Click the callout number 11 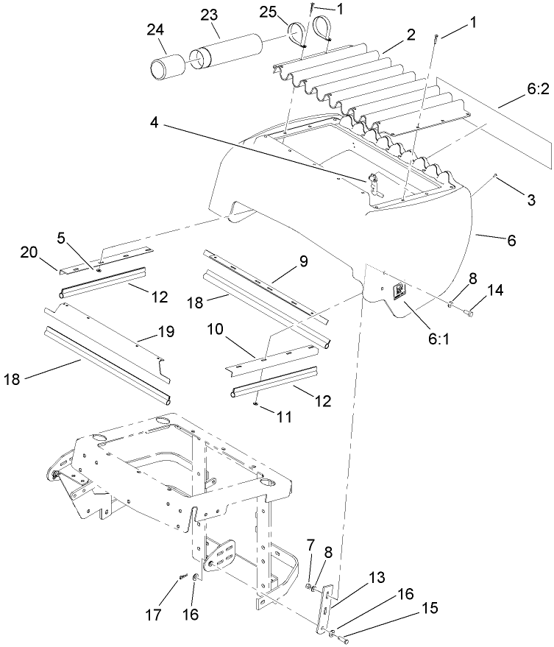[x=284, y=417]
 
